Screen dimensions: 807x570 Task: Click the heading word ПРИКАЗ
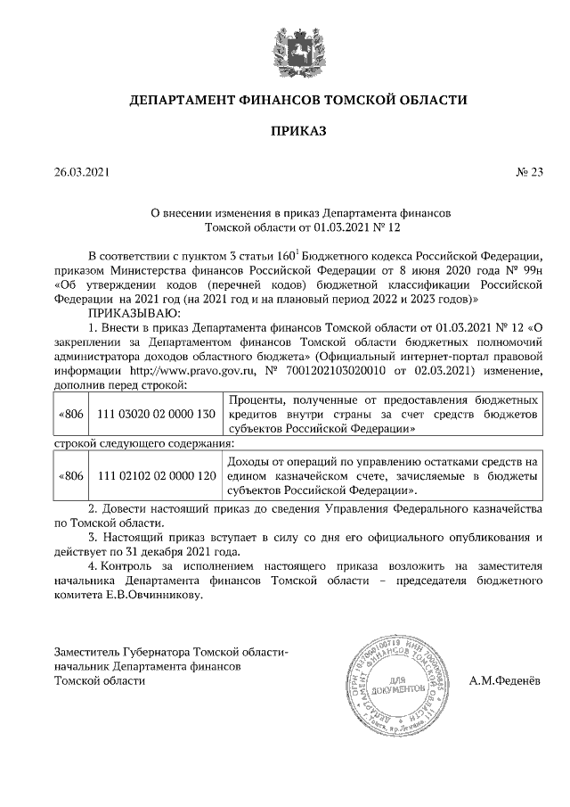point(298,132)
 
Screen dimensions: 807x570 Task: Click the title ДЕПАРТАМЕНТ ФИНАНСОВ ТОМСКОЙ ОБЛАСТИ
point(298,100)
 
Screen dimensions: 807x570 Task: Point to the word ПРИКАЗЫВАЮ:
point(134,313)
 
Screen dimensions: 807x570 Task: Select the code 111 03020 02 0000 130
point(156,415)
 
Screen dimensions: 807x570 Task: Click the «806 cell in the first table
point(70,415)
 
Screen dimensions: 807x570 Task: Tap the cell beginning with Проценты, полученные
point(383,415)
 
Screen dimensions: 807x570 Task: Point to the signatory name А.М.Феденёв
point(505,680)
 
